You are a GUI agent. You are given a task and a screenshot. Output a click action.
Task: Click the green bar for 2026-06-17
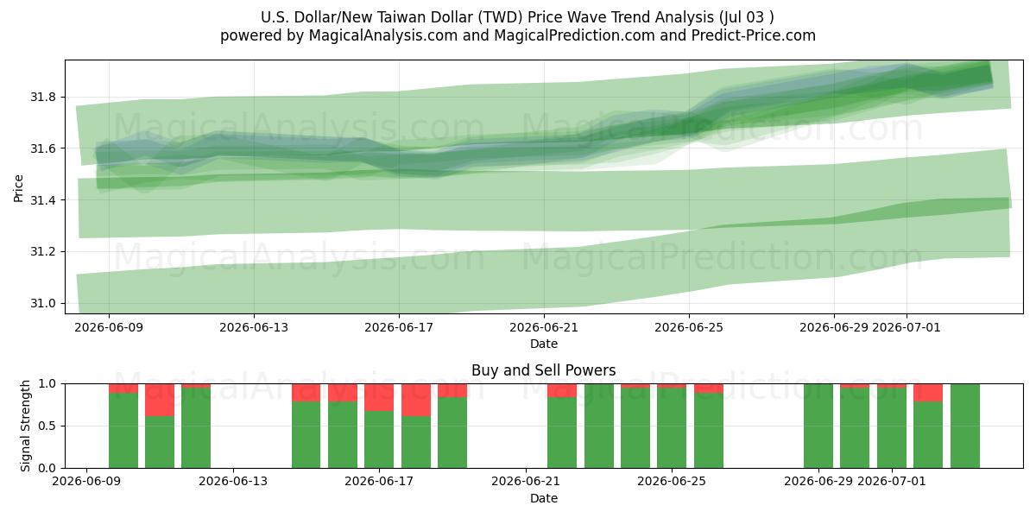pyautogui.click(x=379, y=439)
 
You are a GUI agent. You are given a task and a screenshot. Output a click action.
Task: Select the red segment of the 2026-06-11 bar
pyautogui.click(x=160, y=400)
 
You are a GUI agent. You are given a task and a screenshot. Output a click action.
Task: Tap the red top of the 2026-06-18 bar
pyautogui.click(x=416, y=400)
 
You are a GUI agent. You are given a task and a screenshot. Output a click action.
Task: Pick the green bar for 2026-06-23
pyautogui.click(x=599, y=426)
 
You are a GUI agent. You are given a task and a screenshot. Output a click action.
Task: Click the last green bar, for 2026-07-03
pyautogui.click(x=965, y=426)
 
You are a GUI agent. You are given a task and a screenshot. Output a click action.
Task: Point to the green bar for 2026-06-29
pyautogui.click(x=818, y=426)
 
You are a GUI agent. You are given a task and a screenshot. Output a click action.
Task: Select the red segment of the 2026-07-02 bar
pyautogui.click(x=928, y=393)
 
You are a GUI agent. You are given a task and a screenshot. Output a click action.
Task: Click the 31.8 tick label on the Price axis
pyautogui.click(x=43, y=97)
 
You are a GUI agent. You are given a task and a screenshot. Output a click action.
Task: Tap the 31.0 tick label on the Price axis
pyautogui.click(x=43, y=303)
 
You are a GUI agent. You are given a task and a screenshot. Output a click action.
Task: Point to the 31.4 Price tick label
pyautogui.click(x=43, y=200)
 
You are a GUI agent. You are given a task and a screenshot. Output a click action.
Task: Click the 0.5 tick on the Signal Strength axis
pyautogui.click(x=47, y=426)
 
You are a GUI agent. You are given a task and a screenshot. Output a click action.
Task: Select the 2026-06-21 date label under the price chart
pyautogui.click(x=544, y=327)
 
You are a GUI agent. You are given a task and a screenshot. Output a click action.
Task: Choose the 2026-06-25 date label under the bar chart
pyautogui.click(x=672, y=481)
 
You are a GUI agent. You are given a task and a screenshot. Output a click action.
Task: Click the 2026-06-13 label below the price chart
pyautogui.click(x=254, y=327)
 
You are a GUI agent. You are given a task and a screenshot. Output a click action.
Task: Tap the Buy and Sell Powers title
pyautogui.click(x=543, y=370)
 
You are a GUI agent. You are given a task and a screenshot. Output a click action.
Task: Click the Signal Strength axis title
pyautogui.click(x=25, y=426)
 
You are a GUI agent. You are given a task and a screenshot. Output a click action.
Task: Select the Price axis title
pyautogui.click(x=18, y=189)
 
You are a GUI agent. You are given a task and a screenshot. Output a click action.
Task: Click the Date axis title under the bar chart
pyautogui.click(x=544, y=498)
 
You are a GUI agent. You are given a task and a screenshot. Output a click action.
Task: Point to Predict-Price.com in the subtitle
pyautogui.click(x=754, y=35)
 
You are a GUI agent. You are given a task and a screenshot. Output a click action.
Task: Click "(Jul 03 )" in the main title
pyautogui.click(x=746, y=17)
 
